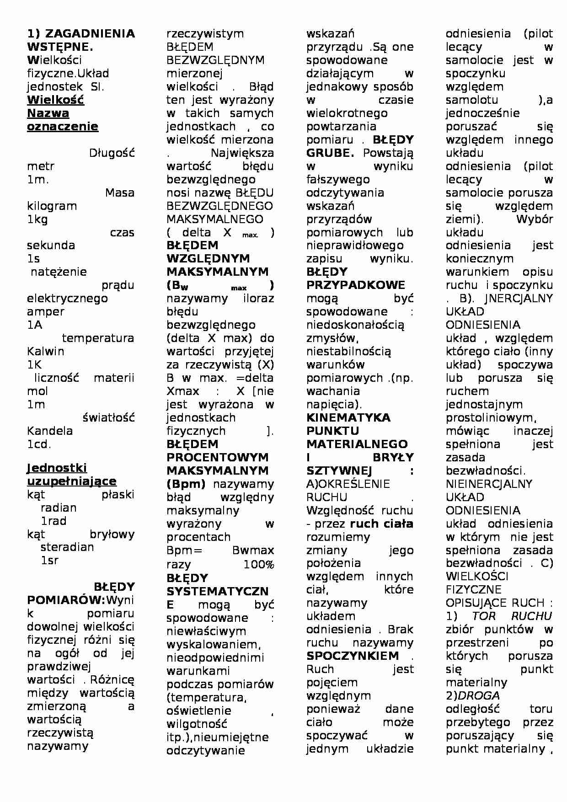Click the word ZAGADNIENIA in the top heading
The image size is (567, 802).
(x=90, y=33)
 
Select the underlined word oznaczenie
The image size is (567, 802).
(x=63, y=127)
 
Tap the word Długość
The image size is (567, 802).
(x=112, y=153)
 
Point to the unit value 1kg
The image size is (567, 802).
(x=37, y=219)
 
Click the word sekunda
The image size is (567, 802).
(x=51, y=246)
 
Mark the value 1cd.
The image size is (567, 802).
(x=39, y=444)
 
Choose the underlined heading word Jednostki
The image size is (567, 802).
(x=57, y=468)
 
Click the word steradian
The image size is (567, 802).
(x=67, y=547)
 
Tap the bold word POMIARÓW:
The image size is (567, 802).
(x=66, y=600)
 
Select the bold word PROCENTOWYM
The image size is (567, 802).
(x=217, y=458)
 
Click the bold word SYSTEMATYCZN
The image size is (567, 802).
(x=217, y=592)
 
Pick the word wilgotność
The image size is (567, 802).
(x=197, y=724)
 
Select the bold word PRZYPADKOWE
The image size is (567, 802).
(x=356, y=285)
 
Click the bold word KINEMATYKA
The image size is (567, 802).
(x=348, y=418)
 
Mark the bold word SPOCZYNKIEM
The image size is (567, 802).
(x=353, y=656)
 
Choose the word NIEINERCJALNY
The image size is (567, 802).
(x=489, y=484)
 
